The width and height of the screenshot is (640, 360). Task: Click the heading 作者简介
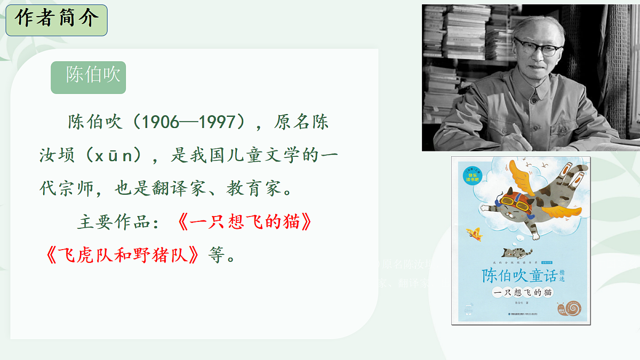tap(57, 20)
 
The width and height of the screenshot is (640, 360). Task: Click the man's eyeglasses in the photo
tap(537, 47)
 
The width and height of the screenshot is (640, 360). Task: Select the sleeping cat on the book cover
tap(515, 251)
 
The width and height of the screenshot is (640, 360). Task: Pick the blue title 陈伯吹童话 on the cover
tap(518, 275)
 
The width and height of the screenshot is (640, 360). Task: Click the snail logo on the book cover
tap(573, 308)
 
